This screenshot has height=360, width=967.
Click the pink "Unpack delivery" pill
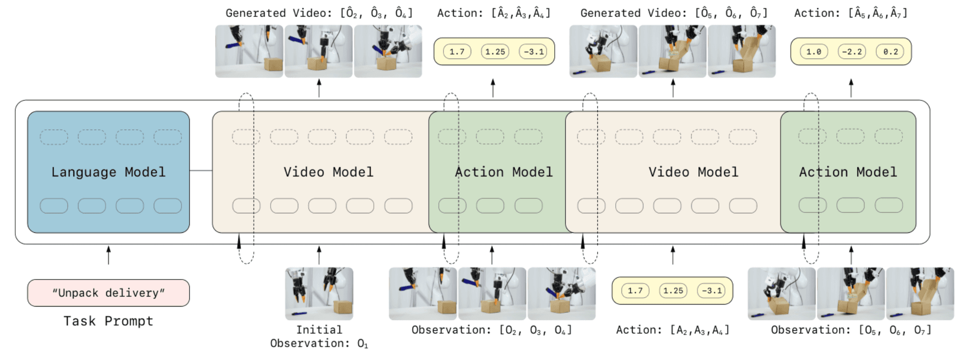click(108, 293)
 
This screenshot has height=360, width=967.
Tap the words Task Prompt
click(108, 321)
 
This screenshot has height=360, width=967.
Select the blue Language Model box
click(108, 172)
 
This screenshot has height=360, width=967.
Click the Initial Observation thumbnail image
click(319, 293)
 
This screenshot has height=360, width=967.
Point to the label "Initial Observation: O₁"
click(319, 336)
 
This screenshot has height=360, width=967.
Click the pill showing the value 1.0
click(814, 52)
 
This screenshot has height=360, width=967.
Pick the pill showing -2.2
click(852, 52)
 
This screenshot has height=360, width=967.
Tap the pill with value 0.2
click(891, 52)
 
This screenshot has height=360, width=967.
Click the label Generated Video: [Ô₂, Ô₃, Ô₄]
click(319, 13)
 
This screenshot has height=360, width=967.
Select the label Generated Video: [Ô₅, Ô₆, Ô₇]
click(674, 13)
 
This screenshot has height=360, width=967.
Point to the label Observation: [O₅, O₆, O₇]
click(851, 330)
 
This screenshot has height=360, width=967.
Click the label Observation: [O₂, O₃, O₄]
click(492, 330)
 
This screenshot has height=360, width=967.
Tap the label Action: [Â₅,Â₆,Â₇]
click(851, 13)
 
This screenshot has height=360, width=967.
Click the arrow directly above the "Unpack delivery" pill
click(108, 255)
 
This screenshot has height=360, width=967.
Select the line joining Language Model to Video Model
click(201, 170)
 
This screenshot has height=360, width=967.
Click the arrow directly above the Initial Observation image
click(319, 255)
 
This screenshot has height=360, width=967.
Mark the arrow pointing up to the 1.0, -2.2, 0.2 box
click(851, 88)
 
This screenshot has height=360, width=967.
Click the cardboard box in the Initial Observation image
click(343, 307)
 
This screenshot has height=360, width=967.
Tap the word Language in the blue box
click(84, 172)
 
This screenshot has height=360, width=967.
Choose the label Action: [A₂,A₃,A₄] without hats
click(673, 330)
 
